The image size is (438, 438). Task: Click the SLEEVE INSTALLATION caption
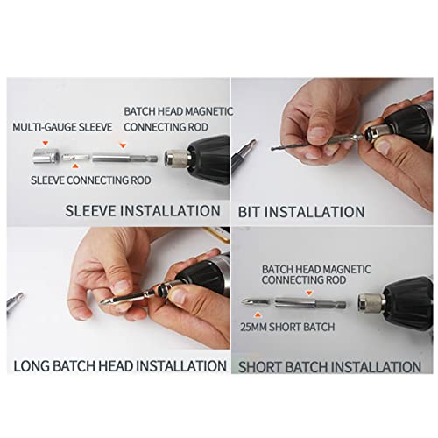pos(142,211)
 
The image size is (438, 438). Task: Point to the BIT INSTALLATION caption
pos(301,212)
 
